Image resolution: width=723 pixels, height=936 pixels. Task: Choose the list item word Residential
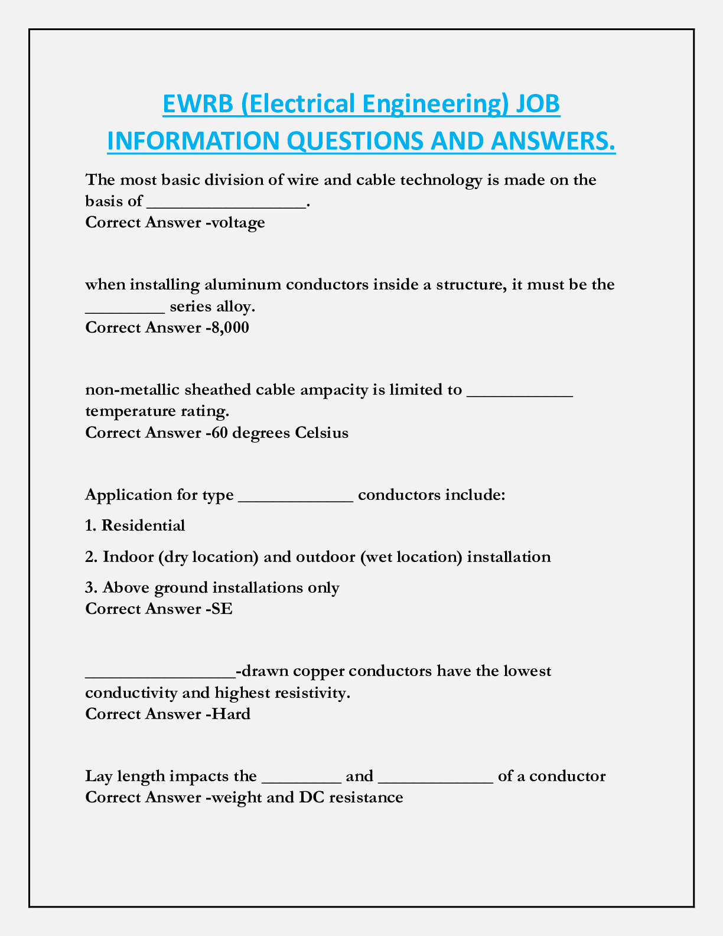tap(144, 525)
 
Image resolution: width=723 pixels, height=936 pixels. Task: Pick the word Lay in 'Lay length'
tap(96, 776)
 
